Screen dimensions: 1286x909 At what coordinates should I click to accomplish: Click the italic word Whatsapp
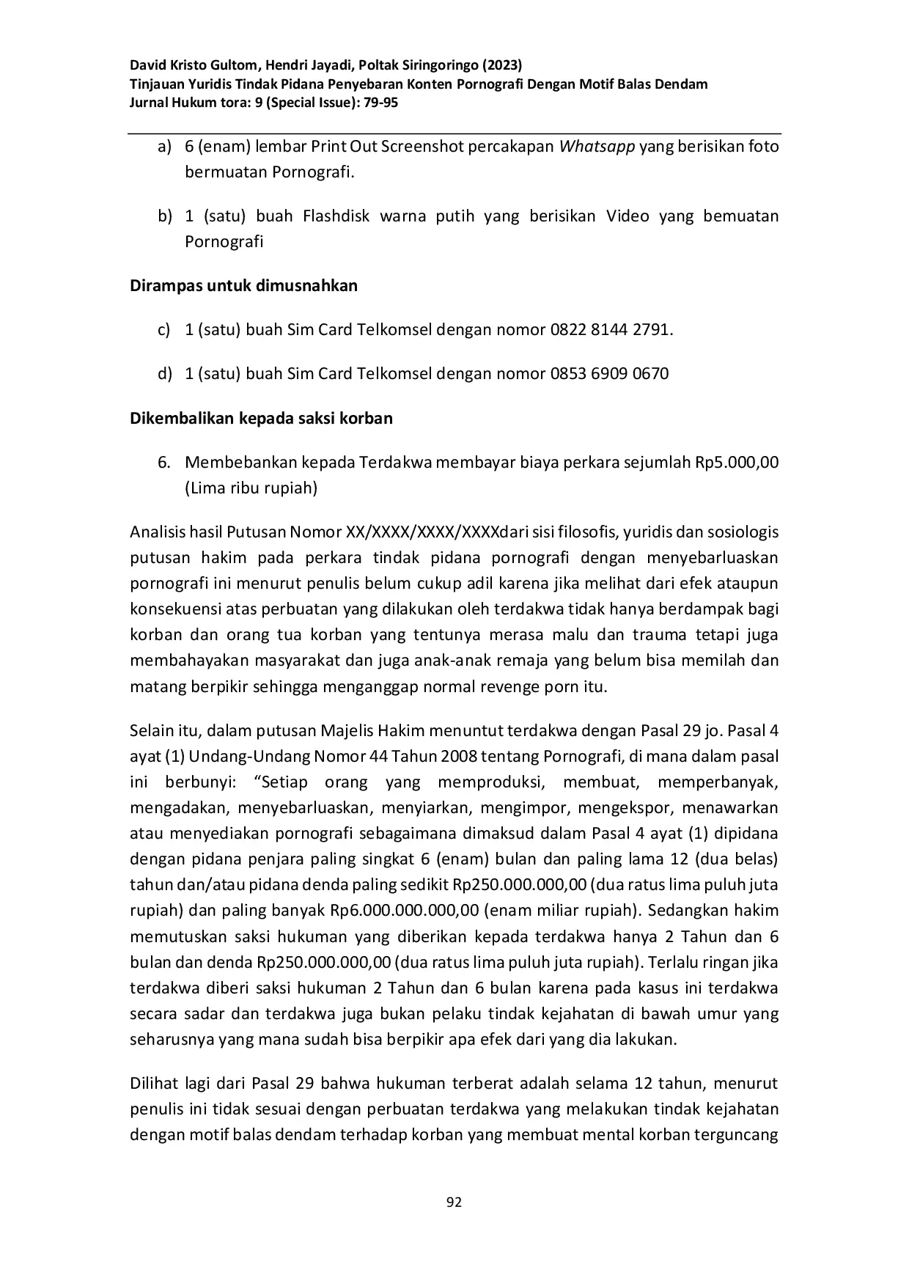click(597, 147)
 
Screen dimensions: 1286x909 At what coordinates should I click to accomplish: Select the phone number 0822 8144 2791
click(610, 330)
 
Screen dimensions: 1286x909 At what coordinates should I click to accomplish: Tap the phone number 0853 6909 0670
click(609, 374)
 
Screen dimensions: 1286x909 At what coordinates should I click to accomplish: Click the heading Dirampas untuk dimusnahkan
click(243, 286)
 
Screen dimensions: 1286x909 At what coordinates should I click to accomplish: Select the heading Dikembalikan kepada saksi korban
click(261, 419)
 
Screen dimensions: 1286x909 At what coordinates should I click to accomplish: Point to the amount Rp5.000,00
click(737, 463)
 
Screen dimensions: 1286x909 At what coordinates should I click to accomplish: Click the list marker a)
click(164, 147)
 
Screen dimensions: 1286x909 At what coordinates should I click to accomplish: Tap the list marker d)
click(164, 374)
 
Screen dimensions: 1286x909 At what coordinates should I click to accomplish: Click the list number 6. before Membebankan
click(164, 463)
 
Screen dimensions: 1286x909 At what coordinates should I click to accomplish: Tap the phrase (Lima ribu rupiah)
click(251, 488)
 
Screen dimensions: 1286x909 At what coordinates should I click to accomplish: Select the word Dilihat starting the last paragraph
click(152, 1084)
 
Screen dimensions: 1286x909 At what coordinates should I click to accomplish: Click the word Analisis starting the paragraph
click(156, 532)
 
